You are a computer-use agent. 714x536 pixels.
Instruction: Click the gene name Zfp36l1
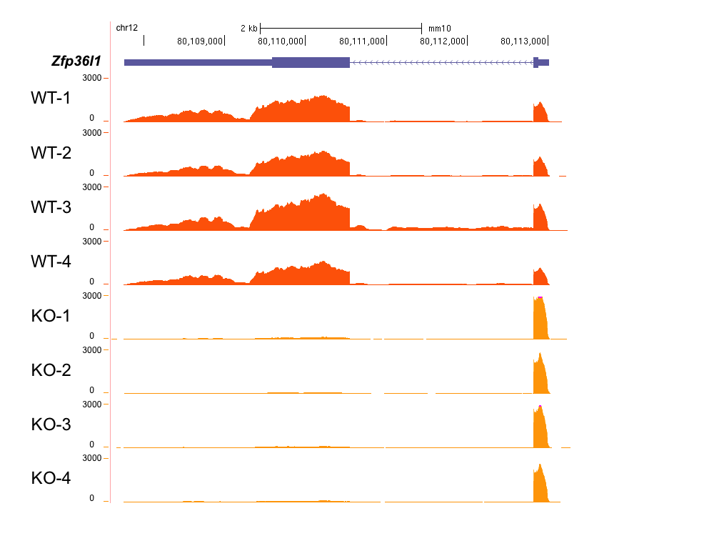(76, 61)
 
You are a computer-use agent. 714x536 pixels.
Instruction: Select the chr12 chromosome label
(126, 28)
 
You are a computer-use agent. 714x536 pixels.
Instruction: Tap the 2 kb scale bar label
(248, 29)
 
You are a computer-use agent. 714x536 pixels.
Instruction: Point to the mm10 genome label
(440, 29)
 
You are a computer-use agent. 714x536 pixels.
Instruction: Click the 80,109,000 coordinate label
(200, 41)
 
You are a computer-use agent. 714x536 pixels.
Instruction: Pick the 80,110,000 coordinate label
(281, 41)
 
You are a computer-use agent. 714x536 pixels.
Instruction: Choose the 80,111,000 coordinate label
(362, 41)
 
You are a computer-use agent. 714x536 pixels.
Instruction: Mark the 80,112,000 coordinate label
(443, 41)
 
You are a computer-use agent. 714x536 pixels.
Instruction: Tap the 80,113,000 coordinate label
(524, 41)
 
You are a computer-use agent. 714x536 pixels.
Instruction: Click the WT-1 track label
(51, 98)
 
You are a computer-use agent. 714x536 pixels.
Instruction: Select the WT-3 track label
(51, 207)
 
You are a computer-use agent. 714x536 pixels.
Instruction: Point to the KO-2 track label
(51, 370)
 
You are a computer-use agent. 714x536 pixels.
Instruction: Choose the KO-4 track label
(51, 479)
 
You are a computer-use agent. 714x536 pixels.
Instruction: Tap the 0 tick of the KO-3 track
(91, 445)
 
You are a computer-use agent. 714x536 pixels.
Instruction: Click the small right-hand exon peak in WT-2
(540, 167)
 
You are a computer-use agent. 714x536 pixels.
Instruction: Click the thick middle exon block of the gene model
(311, 62)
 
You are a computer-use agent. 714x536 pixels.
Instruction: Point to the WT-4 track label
(51, 262)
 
